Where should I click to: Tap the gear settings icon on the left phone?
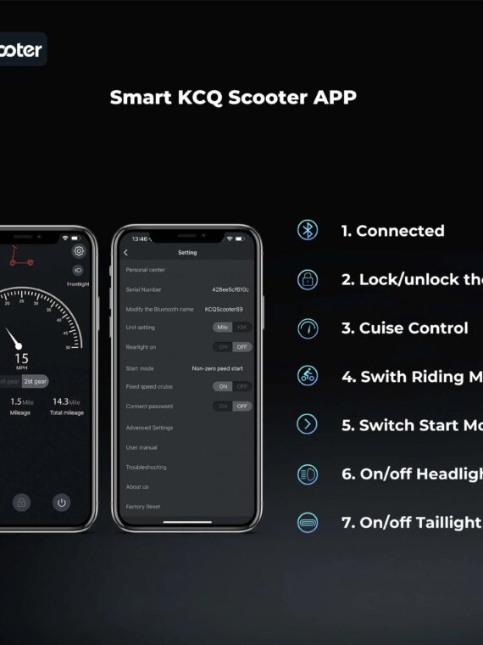tap(79, 251)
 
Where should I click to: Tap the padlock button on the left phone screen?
tap(22, 502)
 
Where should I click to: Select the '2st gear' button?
tap(35, 382)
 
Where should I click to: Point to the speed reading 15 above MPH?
tap(21, 358)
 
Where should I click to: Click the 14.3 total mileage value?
tap(60, 401)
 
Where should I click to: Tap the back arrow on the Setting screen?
tap(125, 253)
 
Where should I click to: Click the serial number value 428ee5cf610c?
tap(230, 289)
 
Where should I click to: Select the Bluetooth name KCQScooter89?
tap(224, 309)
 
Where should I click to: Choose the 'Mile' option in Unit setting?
tap(223, 328)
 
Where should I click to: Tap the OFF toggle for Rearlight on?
tap(242, 347)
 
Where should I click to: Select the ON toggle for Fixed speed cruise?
tap(223, 386)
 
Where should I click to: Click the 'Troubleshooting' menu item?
tap(146, 467)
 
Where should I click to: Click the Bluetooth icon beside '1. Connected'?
tap(308, 230)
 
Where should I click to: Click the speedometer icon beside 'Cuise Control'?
tap(308, 328)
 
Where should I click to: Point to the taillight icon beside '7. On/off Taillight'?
tap(308, 523)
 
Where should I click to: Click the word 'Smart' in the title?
tap(136, 98)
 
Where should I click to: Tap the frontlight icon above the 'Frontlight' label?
tap(78, 270)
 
